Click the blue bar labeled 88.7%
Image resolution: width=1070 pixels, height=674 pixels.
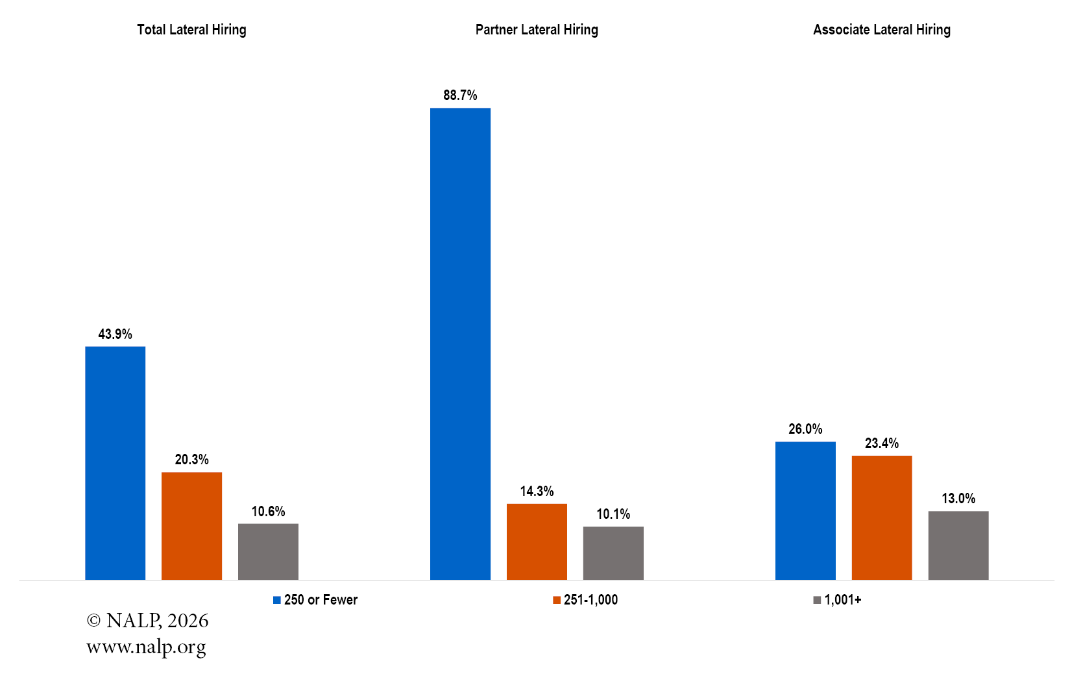click(460, 343)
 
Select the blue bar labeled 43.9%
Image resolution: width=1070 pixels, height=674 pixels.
click(115, 463)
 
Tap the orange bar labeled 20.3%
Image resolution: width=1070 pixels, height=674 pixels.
click(191, 526)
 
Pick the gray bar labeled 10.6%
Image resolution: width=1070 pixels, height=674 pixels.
click(268, 552)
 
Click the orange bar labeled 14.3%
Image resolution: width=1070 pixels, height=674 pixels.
click(537, 542)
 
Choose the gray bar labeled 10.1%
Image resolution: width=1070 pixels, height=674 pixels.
click(613, 553)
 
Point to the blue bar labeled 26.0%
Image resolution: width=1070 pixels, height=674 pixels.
click(805, 510)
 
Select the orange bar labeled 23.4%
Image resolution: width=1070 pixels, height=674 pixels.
click(882, 518)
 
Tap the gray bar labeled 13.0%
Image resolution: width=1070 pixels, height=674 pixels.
click(958, 545)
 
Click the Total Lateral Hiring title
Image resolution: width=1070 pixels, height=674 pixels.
click(191, 30)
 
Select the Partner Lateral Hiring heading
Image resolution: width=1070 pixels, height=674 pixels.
click(537, 30)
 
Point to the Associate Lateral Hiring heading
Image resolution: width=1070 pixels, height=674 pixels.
click(882, 30)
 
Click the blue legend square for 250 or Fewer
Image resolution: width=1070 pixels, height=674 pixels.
click(276, 600)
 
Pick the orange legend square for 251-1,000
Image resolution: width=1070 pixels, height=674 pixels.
click(557, 600)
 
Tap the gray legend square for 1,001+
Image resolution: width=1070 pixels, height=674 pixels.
click(817, 600)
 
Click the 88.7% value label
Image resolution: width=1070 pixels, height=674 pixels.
click(460, 95)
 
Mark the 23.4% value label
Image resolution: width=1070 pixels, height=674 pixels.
click(882, 443)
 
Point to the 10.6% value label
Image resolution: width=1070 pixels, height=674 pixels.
click(268, 512)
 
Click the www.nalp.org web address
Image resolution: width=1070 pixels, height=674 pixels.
click(146, 647)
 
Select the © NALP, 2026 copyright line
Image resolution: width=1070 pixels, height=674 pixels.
click(147, 621)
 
